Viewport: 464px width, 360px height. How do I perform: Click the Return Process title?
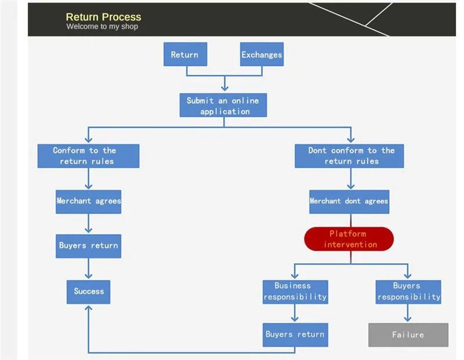[x=103, y=17]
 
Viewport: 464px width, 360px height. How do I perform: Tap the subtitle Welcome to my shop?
[x=102, y=27]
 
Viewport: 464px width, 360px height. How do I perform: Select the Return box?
[x=184, y=54]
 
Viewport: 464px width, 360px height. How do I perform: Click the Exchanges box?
[x=262, y=54]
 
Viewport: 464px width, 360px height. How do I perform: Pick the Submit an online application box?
[x=223, y=105]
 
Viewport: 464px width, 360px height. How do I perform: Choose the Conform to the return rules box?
[x=88, y=156]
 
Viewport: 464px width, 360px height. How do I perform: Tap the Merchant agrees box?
[x=88, y=201]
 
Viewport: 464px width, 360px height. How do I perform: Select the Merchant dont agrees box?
[x=349, y=201]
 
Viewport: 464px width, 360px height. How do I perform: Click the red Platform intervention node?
[x=349, y=239]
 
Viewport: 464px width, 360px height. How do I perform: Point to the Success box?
[x=88, y=292]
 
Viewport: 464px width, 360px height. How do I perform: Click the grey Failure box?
[x=408, y=335]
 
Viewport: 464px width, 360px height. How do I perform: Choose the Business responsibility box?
[x=295, y=292]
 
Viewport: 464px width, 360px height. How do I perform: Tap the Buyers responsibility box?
[x=408, y=292]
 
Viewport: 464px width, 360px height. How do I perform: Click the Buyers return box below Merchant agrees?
[x=88, y=246]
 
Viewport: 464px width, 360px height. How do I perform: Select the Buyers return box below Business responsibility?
[x=295, y=334]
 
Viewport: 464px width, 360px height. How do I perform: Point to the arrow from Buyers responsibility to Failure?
[x=408, y=313]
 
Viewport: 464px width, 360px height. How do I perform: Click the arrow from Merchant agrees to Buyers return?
[x=88, y=224]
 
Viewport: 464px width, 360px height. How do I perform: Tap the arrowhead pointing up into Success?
[x=88, y=308]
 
